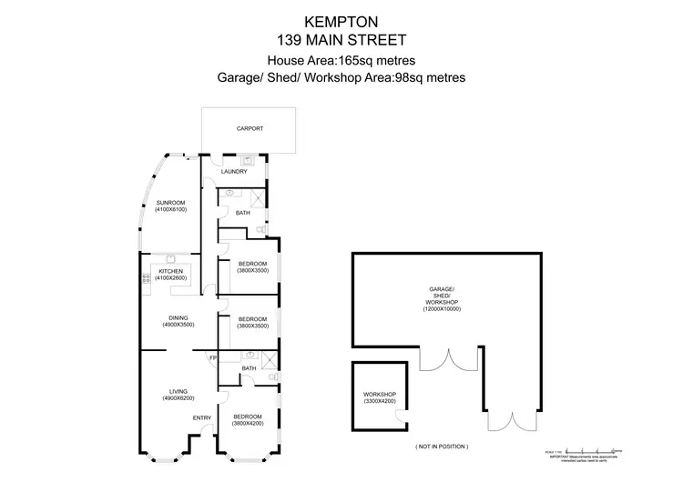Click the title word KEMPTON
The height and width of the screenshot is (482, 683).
click(341, 20)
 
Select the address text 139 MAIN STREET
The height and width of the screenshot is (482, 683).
click(341, 39)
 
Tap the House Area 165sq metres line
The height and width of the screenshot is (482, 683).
click(341, 60)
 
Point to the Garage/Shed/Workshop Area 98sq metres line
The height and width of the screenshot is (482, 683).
click(341, 78)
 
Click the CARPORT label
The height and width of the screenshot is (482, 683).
click(250, 129)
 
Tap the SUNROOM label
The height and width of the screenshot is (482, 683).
click(170, 202)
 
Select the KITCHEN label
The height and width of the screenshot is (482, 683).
click(171, 271)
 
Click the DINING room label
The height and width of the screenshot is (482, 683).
click(178, 317)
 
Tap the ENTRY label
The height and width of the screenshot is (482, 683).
click(202, 418)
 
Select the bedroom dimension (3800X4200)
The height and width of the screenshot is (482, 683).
click(249, 423)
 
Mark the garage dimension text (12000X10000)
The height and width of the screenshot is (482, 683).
click(442, 309)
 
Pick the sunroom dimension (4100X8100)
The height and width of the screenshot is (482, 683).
click(170, 210)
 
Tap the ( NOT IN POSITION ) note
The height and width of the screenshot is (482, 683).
click(442, 447)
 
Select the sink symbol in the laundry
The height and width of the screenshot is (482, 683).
click(247, 159)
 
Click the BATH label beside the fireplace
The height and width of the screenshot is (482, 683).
click(249, 368)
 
